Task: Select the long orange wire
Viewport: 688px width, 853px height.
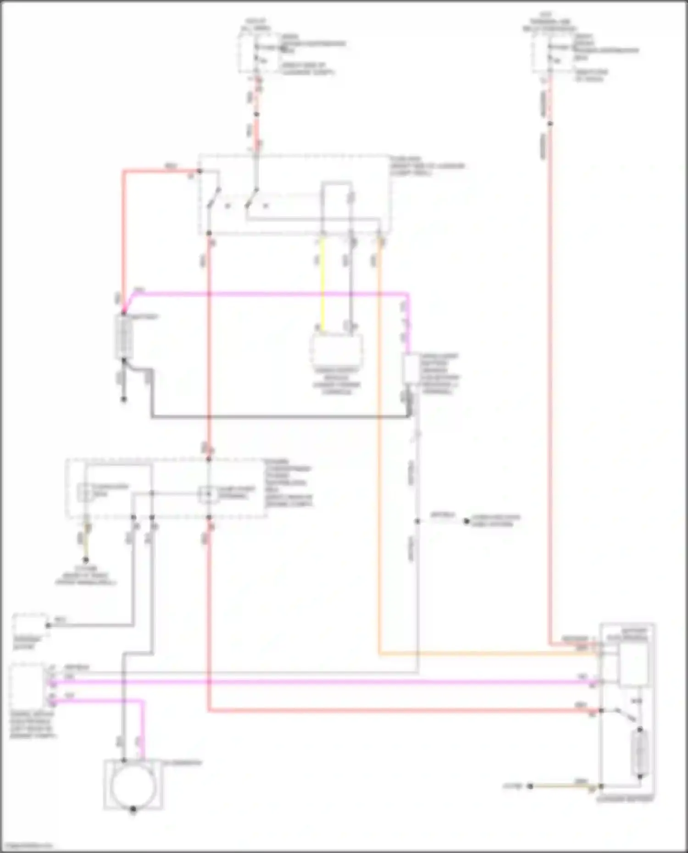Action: pyautogui.click(x=380, y=458)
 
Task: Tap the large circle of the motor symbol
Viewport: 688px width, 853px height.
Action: pyautogui.click(x=133, y=785)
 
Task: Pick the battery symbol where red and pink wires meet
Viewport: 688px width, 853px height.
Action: pyautogui.click(x=124, y=337)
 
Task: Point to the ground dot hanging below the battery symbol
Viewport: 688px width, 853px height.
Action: pyautogui.click(x=124, y=399)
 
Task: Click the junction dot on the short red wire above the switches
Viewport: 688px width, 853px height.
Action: pyautogui.click(x=257, y=114)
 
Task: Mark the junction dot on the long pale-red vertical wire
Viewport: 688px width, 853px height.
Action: pyautogui.click(x=550, y=124)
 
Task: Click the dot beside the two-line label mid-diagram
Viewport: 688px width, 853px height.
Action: pyautogui.click(x=466, y=521)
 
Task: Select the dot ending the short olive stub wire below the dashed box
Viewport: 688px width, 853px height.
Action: pyautogui.click(x=86, y=560)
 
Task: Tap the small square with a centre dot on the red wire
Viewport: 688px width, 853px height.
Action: pyautogui.click(x=209, y=495)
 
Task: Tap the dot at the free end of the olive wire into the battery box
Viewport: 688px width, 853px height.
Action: pyautogui.click(x=530, y=787)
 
